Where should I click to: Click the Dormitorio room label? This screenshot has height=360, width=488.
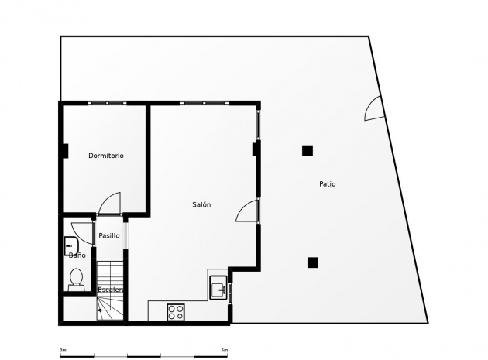coord(106,156)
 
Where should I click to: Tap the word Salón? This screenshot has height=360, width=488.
coord(201,204)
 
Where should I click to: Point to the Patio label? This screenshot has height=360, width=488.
coord(328,183)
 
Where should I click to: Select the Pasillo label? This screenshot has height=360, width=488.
coord(109,235)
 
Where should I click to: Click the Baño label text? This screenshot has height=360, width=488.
coord(77,255)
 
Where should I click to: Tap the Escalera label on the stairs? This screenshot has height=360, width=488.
coord(111,290)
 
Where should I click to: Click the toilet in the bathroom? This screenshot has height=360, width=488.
coord(76,279)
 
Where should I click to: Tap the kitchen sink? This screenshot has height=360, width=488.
coord(218,290)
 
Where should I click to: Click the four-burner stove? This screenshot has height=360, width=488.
coord(177,311)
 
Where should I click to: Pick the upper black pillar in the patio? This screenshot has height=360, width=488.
coord(308,150)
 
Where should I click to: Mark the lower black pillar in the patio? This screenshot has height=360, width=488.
coord(311,262)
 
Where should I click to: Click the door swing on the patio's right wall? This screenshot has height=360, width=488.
coord(373,109)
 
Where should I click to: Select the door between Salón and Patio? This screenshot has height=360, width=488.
coord(249,211)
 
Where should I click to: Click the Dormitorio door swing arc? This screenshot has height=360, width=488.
coord(109,203)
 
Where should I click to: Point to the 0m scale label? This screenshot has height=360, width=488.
coord(63,350)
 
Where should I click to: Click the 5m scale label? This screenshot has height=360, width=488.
coord(224,350)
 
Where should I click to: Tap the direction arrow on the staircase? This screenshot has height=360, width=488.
coord(99,309)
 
